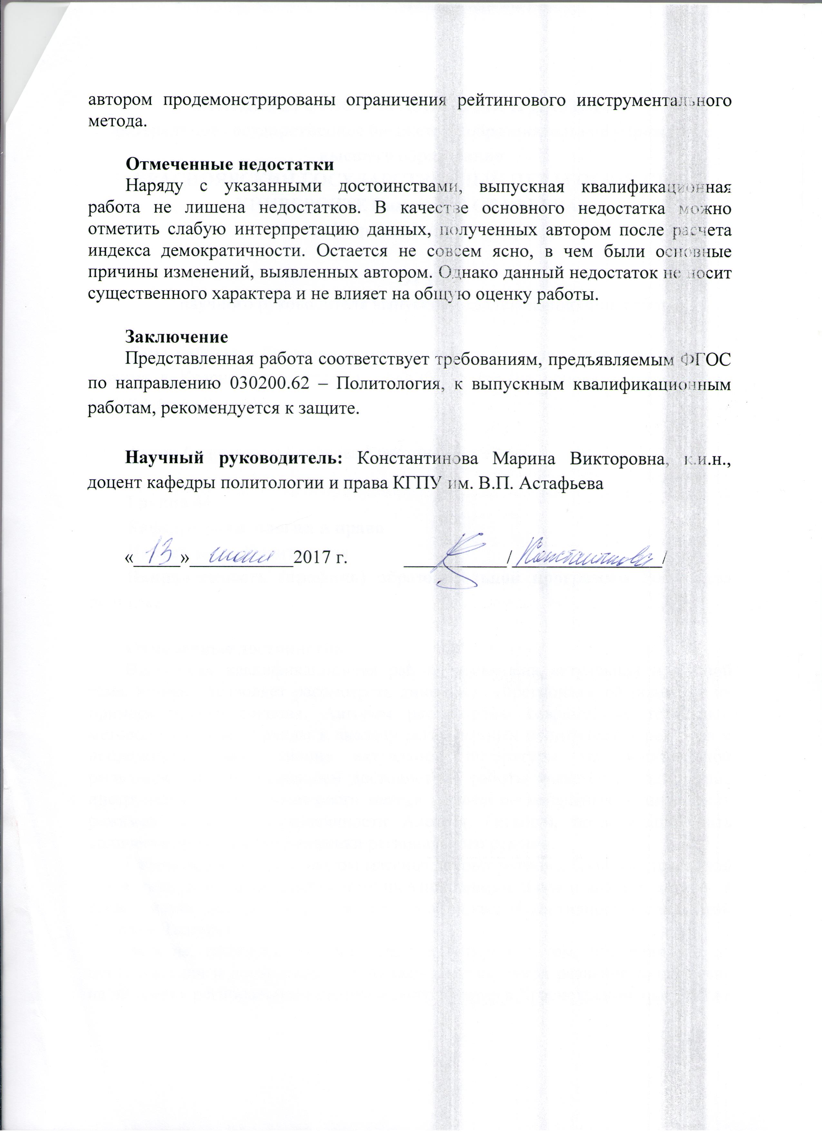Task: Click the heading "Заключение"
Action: click(177, 336)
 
